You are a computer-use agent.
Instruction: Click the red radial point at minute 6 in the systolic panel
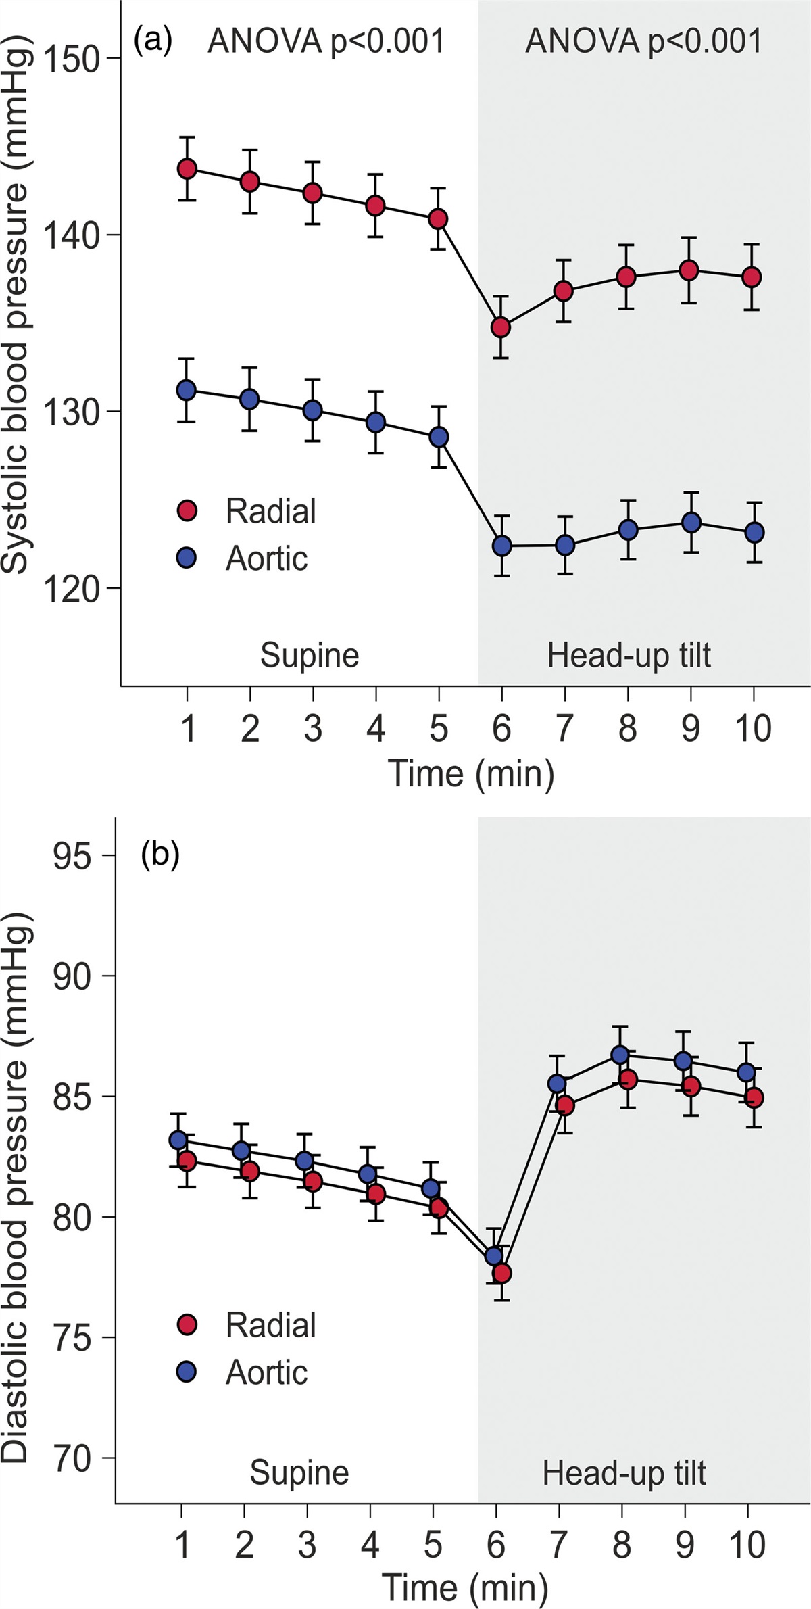click(x=501, y=327)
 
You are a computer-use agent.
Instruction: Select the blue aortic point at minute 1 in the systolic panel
click(x=187, y=390)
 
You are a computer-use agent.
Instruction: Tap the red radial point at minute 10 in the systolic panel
click(x=752, y=277)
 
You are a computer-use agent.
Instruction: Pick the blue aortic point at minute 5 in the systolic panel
click(x=439, y=437)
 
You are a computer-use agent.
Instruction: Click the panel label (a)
click(x=153, y=41)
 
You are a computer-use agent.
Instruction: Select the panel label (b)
click(x=159, y=855)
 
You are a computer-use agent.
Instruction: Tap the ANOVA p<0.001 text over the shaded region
click(x=643, y=42)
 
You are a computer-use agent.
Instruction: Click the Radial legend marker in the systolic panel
click(x=187, y=511)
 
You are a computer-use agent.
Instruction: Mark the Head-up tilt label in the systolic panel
click(x=629, y=655)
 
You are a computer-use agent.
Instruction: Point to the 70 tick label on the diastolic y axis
click(x=71, y=1458)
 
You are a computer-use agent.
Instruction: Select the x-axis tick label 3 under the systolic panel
click(x=312, y=728)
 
